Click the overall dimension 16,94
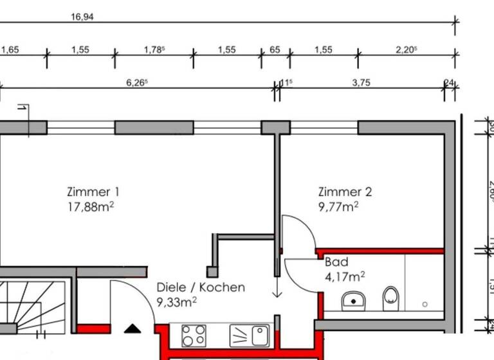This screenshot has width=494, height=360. point(82,17)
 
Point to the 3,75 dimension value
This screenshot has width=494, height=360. point(361,82)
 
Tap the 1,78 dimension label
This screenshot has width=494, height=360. point(152,50)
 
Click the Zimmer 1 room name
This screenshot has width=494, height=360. point(93,192)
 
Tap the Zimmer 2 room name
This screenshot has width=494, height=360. point(345,192)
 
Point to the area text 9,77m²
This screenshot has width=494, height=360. point(337,206)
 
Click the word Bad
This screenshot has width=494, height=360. point(336,262)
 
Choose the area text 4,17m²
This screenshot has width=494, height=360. point(345,276)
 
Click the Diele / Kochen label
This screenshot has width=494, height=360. point(201,287)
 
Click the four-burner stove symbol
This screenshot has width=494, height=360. point(194,335)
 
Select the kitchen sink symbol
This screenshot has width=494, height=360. point(250,335)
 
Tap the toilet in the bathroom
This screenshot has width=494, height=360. point(390,298)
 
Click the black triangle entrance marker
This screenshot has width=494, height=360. point(133,328)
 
